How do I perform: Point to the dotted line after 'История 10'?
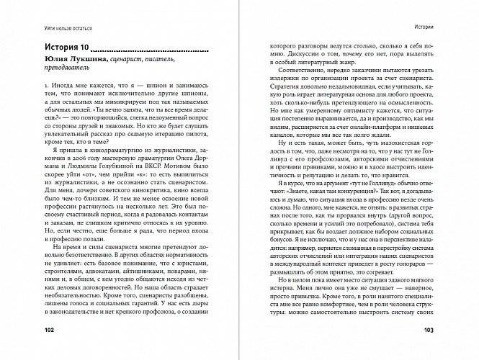(x=148, y=50)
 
